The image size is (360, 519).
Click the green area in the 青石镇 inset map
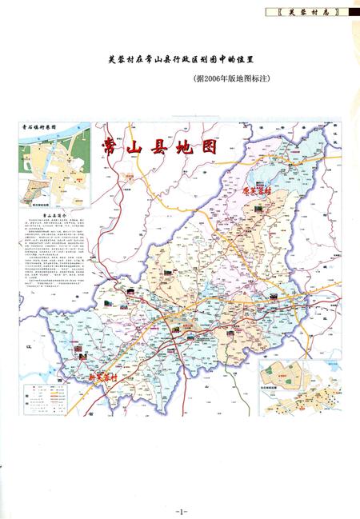point(36,189)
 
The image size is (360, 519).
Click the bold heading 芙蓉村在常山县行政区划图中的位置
point(186,59)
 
